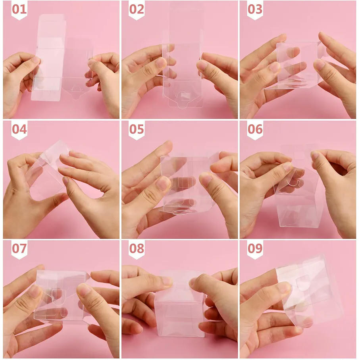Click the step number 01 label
point(19,10)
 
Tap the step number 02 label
point(137,10)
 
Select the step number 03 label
point(255,10)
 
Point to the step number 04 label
point(19,129)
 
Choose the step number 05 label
point(137,129)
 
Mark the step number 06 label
point(255,129)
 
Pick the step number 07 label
point(19,248)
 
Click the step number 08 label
point(137,248)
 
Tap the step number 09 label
point(255,248)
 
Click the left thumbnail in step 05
point(164,183)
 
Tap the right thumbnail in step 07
point(84,290)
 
